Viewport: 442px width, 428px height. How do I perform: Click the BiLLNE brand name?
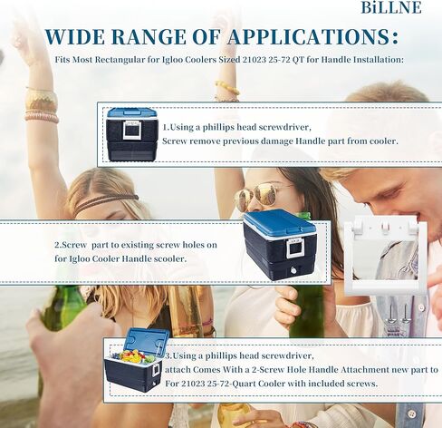tap(391, 7)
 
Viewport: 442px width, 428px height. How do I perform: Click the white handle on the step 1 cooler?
tap(132, 131)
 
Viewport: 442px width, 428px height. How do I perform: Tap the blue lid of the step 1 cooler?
tap(132, 113)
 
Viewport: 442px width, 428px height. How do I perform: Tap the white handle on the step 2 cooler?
tap(295, 248)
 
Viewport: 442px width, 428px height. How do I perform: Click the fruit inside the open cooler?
tap(133, 357)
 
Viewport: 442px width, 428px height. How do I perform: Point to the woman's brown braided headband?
tap(106, 202)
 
